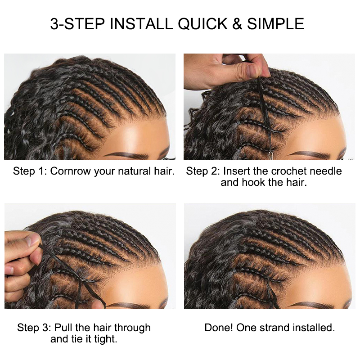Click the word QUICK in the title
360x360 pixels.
pos(202,24)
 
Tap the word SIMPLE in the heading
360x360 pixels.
pos(275,24)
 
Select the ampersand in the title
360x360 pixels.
pos(237,24)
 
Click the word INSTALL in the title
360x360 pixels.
pos(141,24)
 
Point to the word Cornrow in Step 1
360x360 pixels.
pos(71,171)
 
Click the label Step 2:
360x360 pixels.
pos(203,171)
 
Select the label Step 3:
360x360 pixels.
pos(34,328)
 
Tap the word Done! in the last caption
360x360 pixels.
pos(219,328)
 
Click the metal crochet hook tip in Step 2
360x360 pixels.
pos(271,153)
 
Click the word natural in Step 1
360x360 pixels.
pos(134,171)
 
